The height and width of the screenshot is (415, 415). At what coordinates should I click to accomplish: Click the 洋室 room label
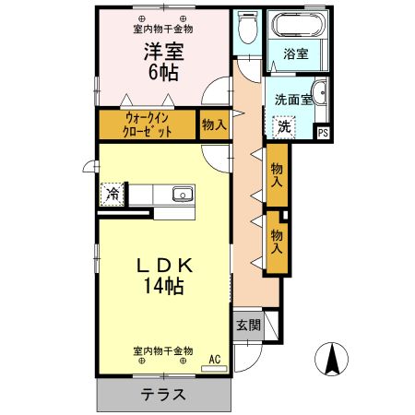[x=161, y=53]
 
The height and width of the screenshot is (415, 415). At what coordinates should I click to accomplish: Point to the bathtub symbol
[x=296, y=25]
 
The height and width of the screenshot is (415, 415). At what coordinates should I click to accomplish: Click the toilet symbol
[x=246, y=30]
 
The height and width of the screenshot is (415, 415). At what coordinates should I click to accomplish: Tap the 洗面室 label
[x=292, y=99]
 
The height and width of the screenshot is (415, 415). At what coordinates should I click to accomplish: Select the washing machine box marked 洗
[x=284, y=126]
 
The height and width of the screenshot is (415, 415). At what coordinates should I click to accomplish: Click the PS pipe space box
[x=322, y=132]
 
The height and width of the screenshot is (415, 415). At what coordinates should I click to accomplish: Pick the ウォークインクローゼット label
[x=147, y=125]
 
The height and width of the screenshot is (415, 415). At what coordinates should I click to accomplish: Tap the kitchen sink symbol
[x=182, y=194]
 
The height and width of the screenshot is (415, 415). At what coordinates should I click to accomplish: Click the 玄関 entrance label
[x=246, y=325]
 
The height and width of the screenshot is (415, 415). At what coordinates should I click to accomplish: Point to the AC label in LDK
[x=215, y=360]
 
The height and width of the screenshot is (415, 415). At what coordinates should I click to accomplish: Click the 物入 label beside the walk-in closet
[x=213, y=125]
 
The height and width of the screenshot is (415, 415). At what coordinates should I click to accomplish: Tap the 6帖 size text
[x=161, y=73]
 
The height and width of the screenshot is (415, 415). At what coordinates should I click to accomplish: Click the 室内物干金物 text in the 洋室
[x=161, y=30]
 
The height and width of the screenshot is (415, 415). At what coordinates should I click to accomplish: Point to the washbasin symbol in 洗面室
[x=319, y=92]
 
